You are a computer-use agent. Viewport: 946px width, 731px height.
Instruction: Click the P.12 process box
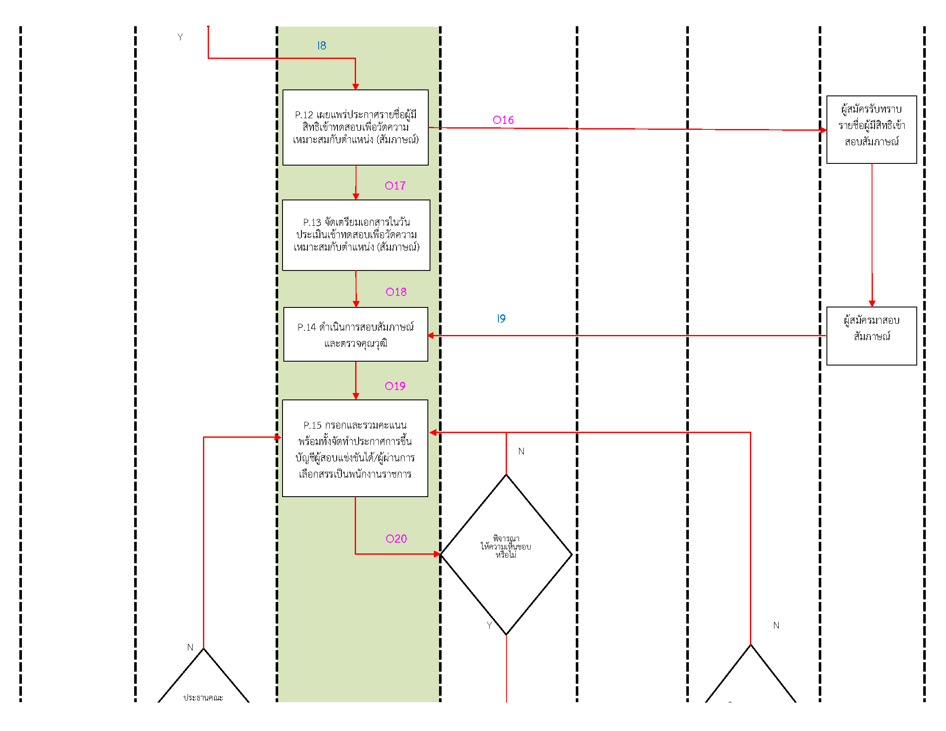coord(355,127)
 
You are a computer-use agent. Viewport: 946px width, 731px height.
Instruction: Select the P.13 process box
coord(356,235)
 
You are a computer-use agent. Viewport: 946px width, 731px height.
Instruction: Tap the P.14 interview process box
coord(355,334)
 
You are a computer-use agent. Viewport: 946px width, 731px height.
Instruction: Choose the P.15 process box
coord(355,448)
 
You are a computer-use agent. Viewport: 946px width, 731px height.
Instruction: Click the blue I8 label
coord(321,46)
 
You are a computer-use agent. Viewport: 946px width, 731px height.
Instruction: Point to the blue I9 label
coord(501,319)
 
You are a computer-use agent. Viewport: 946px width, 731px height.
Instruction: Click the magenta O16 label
coord(503,120)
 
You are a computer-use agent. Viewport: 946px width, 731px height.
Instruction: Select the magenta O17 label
coord(395,186)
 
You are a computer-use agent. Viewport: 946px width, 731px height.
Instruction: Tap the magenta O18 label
coord(396,292)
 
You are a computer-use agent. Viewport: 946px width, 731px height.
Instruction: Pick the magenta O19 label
coord(395,386)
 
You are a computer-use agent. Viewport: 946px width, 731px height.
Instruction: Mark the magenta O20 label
coord(396,539)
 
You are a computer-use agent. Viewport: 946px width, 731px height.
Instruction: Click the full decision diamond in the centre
coord(506,554)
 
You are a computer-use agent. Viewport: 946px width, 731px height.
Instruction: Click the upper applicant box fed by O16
coord(871,129)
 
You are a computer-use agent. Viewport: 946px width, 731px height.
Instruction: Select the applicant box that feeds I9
coord(871,336)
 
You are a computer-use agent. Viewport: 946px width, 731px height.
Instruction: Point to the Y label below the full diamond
coord(489,625)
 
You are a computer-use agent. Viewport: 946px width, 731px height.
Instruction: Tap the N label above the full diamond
coord(521,451)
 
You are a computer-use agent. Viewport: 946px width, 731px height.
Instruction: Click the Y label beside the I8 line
coord(180,37)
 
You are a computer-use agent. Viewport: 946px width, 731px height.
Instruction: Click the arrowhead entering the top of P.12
coord(355,86)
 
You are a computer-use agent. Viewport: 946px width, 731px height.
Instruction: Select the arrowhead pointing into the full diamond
coord(436,554)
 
